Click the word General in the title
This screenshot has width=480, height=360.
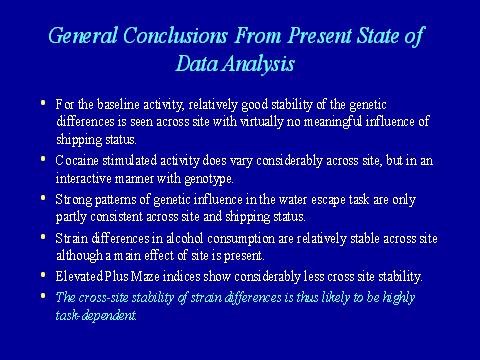coord(83,35)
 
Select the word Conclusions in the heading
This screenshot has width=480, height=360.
coord(175,35)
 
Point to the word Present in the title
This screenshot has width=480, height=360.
coord(319,35)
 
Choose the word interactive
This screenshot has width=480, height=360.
coord(83,178)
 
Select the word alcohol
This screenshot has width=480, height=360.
coord(185,238)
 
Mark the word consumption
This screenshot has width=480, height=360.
coord(241,239)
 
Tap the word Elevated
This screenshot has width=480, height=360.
coord(79,276)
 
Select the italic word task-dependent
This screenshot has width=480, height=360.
coord(96,315)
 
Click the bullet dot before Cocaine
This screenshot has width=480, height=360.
coord(43,159)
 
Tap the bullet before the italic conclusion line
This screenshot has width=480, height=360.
coord(43,296)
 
